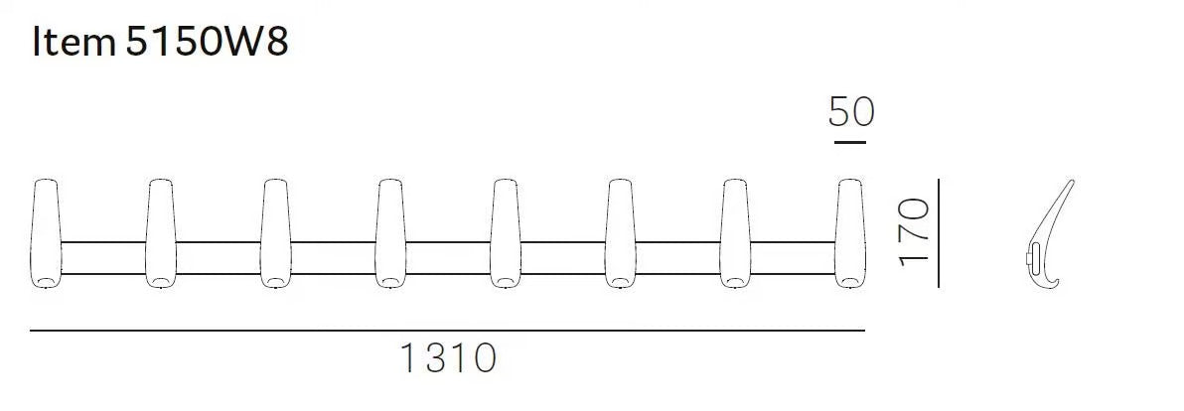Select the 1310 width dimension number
coord(447,357)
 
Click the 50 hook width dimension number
coord(851,112)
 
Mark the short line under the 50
coord(850,142)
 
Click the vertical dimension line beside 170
coord(939,234)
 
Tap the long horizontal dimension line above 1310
coord(447,330)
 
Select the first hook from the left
coord(46,234)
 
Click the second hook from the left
coord(161,234)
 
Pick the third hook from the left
coord(276,234)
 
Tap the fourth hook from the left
coord(390,234)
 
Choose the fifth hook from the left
coord(506,234)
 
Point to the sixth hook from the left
coord(620,234)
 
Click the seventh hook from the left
coord(735,234)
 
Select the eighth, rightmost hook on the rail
coord(849,234)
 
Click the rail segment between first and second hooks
coord(103,257)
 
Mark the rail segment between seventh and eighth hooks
coord(792,257)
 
